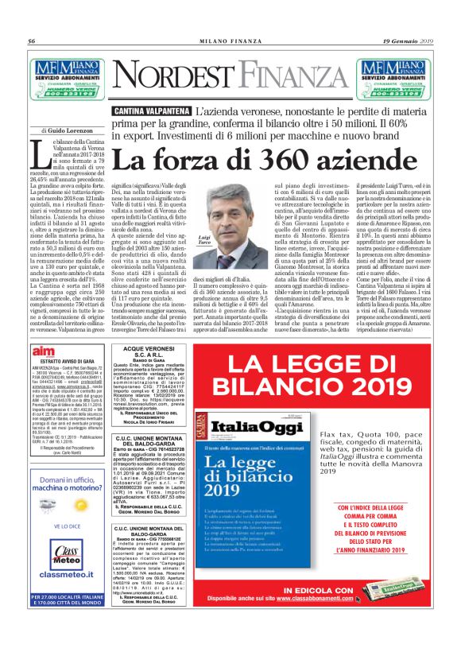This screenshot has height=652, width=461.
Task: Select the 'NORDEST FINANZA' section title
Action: click(x=231, y=76)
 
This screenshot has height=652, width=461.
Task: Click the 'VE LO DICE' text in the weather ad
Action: click(x=68, y=526)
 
